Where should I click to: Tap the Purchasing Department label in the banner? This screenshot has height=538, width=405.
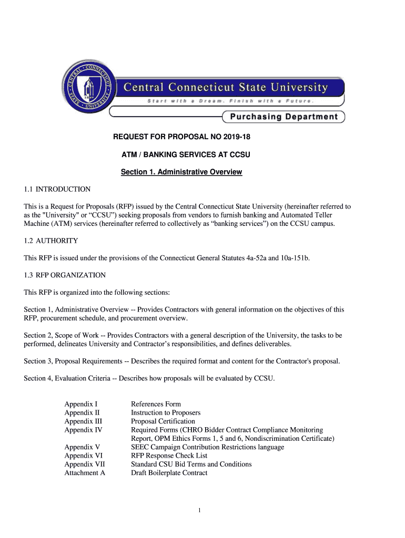tap(283, 117)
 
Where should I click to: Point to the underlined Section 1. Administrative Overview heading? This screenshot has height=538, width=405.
tap(181, 172)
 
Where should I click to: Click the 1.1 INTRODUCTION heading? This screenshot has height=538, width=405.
tap(57, 189)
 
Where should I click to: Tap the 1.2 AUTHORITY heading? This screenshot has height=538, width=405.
tap(51, 241)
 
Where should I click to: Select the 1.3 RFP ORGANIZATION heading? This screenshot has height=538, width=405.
tap(65, 275)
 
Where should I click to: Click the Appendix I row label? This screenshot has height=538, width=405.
tap(81, 404)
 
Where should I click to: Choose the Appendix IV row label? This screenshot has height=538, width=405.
tap(83, 430)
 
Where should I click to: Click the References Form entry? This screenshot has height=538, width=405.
tap(156, 404)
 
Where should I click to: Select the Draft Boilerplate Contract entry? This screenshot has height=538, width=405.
tap(169, 473)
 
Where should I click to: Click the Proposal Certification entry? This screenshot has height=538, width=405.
tap(163, 421)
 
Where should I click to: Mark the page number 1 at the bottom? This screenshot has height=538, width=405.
tap(200, 510)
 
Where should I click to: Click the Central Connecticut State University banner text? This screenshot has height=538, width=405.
tap(226, 87)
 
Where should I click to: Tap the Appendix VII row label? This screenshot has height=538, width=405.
tap(85, 464)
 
